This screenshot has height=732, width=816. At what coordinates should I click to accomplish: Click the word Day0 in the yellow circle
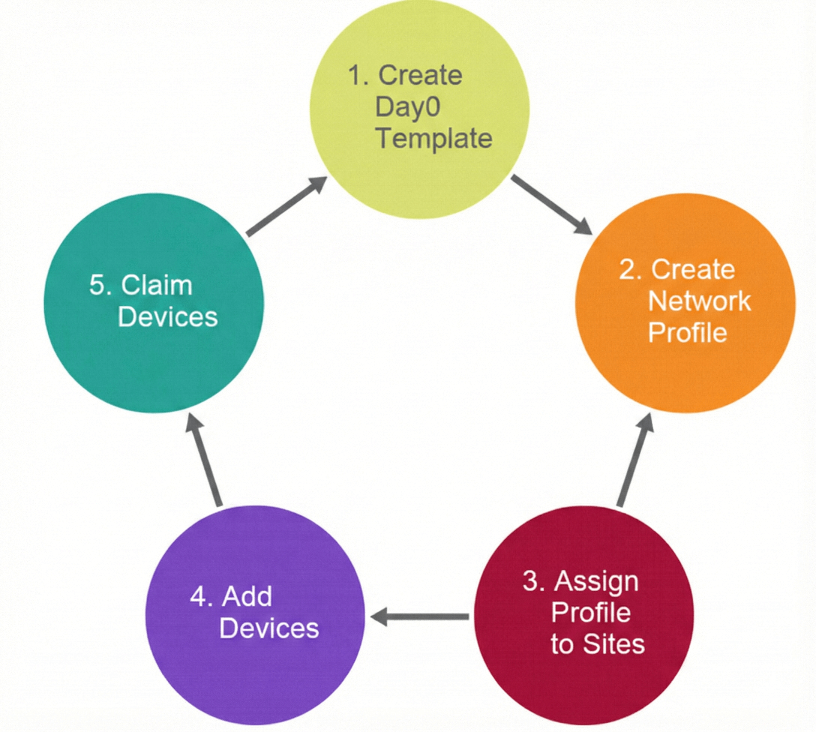click(407, 107)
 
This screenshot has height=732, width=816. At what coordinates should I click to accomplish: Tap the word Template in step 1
click(434, 139)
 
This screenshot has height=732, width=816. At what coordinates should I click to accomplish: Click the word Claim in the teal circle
click(157, 285)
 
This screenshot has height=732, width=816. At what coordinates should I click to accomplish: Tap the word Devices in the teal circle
click(168, 317)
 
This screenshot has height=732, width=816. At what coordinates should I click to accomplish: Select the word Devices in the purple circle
click(269, 628)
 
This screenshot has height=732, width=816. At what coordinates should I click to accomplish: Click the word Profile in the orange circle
click(688, 333)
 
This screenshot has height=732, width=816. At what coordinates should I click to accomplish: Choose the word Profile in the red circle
click(591, 612)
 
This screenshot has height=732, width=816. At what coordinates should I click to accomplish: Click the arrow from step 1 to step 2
click(551, 205)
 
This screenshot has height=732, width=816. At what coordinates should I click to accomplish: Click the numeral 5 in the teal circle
click(96, 285)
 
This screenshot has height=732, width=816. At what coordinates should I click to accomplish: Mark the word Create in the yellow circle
click(420, 75)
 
